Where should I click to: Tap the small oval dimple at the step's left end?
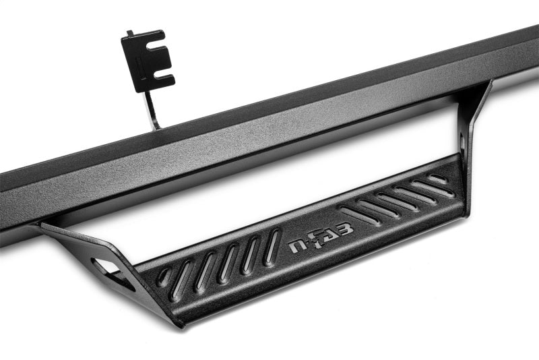click(x=165, y=276)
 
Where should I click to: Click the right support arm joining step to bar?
click(x=472, y=128)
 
